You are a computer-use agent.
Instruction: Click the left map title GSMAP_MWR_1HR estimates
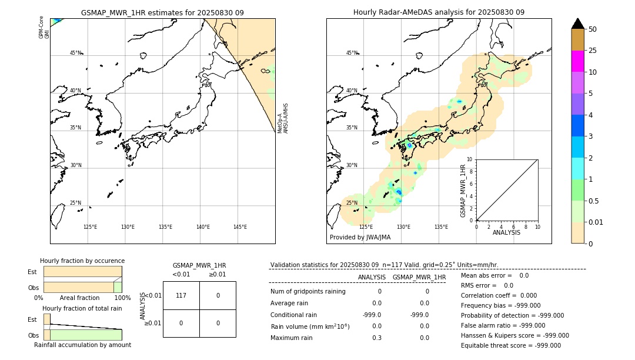[x=162, y=12]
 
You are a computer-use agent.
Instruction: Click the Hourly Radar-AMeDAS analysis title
[x=439, y=12]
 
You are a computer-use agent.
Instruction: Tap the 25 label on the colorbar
[x=593, y=51]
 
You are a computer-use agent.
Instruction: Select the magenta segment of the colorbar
[x=577, y=61]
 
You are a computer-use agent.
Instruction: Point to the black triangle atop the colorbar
[x=577, y=24]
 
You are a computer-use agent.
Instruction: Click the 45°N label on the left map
[x=76, y=53]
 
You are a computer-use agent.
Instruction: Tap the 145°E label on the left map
[x=240, y=227]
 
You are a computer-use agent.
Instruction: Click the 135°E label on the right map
[x=441, y=227]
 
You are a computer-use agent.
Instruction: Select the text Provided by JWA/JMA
[x=360, y=238]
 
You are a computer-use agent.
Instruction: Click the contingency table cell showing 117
[x=181, y=295]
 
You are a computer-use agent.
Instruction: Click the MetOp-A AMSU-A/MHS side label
[x=283, y=118]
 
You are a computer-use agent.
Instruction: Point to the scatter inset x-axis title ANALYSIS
[x=507, y=232]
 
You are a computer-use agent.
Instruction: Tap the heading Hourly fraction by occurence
[x=82, y=261]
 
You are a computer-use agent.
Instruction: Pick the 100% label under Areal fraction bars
[x=122, y=298]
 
